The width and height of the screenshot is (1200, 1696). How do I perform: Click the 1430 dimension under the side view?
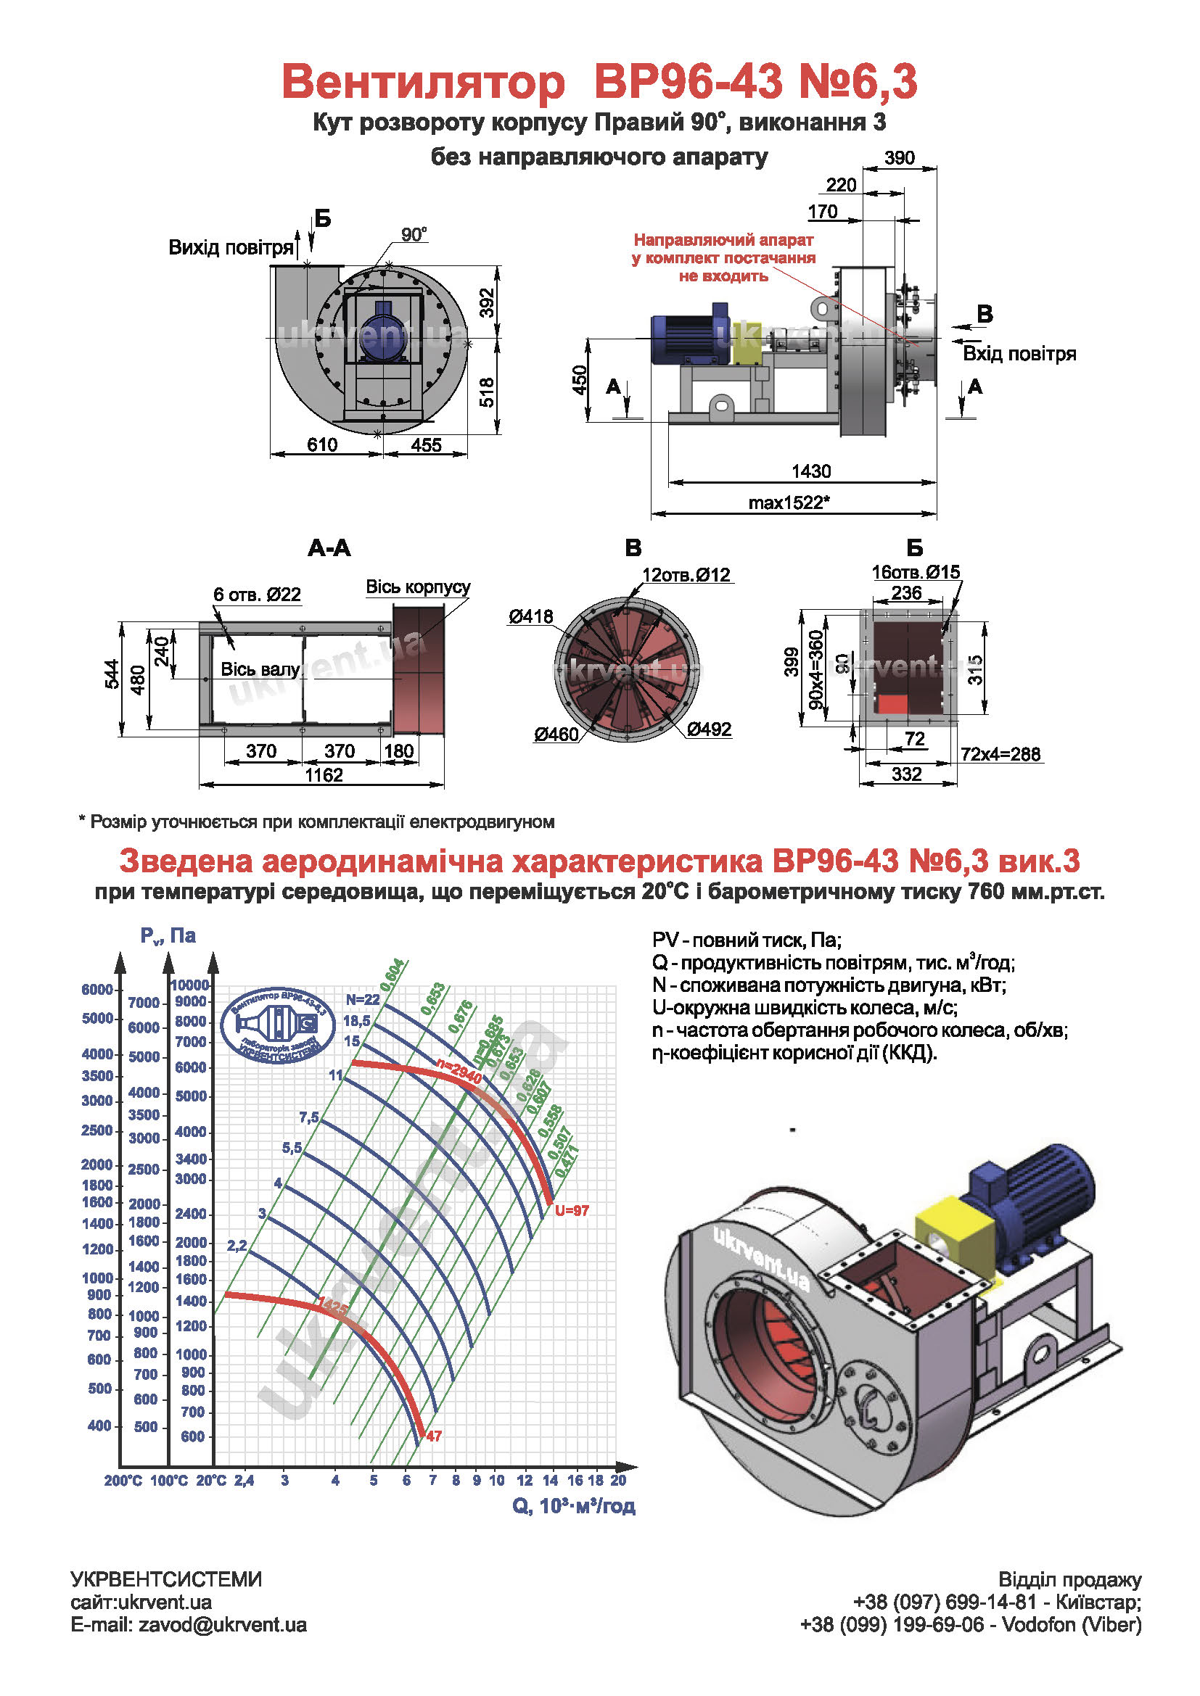point(810,471)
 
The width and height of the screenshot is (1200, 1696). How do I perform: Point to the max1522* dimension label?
point(789,502)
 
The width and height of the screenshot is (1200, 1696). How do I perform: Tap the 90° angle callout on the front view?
point(414,235)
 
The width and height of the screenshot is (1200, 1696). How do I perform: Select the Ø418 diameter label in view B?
point(530,616)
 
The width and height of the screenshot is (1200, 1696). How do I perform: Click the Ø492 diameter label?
point(709,729)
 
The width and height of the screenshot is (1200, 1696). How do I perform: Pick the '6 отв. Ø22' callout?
point(257,594)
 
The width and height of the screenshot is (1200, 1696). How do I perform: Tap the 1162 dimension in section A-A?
point(324,775)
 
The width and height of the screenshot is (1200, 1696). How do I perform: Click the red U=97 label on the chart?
point(571,1210)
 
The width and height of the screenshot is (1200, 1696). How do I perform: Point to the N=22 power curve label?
point(363,999)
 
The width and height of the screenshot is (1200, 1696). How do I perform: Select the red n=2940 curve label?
point(459,1070)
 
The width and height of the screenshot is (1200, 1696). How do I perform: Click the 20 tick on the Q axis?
point(618,1481)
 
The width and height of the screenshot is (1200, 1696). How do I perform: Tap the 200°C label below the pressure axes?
point(123,1481)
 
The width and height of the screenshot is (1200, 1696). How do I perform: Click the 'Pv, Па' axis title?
point(168,935)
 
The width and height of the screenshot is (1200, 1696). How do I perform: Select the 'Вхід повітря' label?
point(1019,354)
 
